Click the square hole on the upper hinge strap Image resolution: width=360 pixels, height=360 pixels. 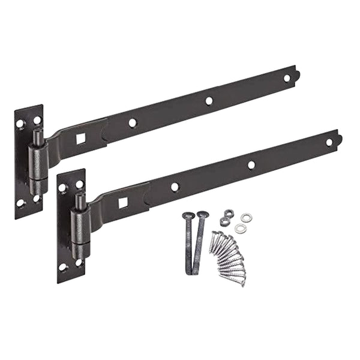click(80, 139)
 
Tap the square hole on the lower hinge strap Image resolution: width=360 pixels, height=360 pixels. click(123, 203)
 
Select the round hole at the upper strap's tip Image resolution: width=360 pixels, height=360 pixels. click(287, 78)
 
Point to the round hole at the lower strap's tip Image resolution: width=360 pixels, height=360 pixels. click(329, 142)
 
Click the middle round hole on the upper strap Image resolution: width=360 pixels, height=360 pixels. click(209, 101)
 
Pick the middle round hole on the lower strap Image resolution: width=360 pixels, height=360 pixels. click(251, 165)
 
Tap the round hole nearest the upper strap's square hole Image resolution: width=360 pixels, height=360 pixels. click(133, 123)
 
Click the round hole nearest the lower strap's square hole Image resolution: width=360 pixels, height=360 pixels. click(175, 187)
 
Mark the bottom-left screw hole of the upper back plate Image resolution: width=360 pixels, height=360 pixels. click(20, 203)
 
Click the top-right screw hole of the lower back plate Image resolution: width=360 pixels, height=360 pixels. click(79, 184)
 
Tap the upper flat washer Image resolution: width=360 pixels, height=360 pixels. click(245, 217)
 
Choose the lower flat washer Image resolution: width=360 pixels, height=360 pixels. click(241, 229)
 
